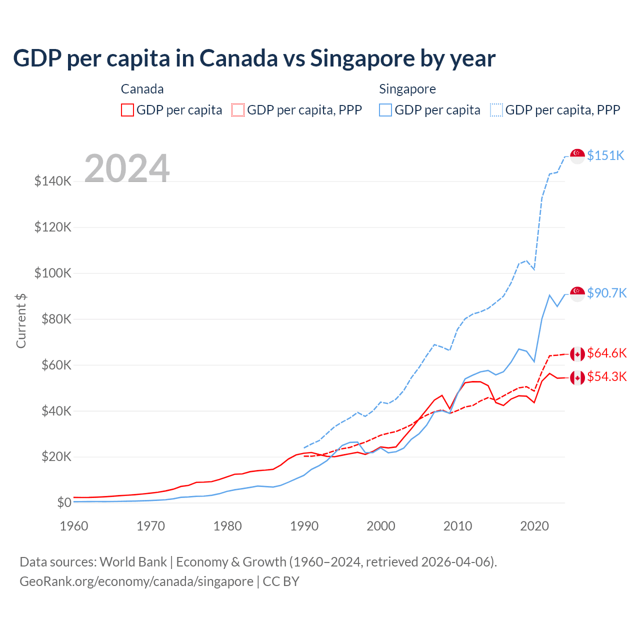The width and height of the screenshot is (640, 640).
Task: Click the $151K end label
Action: (605, 155)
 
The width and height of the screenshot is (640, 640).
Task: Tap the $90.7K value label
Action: (606, 293)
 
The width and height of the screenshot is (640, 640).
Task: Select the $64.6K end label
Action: (606, 353)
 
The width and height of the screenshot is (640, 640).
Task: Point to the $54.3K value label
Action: (606, 376)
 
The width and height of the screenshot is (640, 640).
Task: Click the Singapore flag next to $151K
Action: (577, 156)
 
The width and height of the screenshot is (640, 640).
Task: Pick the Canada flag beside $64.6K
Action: (577, 354)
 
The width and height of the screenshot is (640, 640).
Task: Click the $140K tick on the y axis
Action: (53, 181)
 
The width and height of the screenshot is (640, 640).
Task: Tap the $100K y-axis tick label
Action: (53, 273)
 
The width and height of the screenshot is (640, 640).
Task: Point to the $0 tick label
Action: (64, 502)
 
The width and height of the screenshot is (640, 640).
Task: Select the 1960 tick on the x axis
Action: (74, 526)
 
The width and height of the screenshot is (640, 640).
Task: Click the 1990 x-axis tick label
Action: (304, 526)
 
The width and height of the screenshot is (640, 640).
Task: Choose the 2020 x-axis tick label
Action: (534, 526)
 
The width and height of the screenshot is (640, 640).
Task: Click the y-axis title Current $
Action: (21, 320)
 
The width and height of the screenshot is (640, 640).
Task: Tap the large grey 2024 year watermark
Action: (127, 168)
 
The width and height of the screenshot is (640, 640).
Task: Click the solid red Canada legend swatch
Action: (127, 110)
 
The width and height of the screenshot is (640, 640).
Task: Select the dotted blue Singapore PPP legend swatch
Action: (496, 110)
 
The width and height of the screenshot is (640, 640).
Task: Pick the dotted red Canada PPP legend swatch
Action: (238, 110)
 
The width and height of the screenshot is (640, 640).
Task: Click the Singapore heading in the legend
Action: (407, 89)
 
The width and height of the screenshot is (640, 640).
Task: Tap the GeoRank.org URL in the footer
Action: (136, 581)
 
